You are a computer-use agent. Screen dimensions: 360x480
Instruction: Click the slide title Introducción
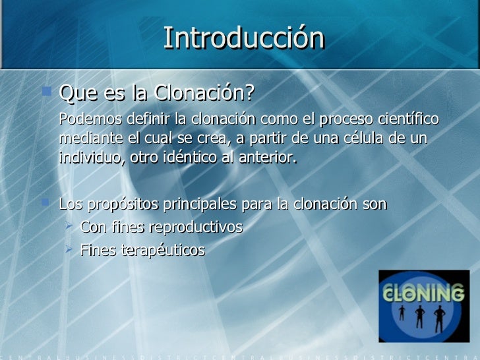pyautogui.click(x=244, y=38)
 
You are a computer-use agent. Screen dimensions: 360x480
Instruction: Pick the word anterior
pyautogui.click(x=270, y=159)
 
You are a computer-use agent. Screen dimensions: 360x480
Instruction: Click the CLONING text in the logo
pyautogui.click(x=423, y=292)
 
